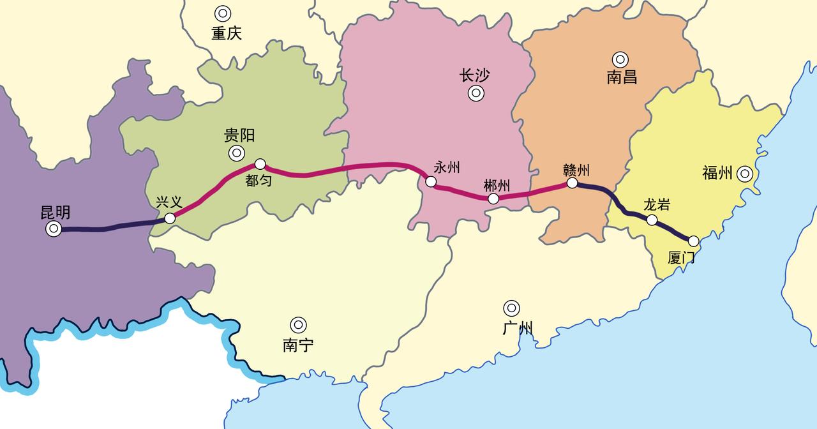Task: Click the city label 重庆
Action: click(227, 33)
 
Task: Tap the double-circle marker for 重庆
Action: click(223, 13)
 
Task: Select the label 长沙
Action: click(474, 75)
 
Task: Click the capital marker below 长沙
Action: click(476, 94)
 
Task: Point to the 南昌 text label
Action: click(622, 78)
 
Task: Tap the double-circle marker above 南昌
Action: click(620, 59)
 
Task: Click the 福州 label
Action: click(717, 172)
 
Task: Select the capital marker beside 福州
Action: click(744, 173)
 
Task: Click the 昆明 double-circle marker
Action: click(54, 229)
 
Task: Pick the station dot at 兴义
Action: click(170, 218)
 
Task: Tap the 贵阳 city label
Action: click(239, 135)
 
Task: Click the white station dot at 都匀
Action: click(260, 164)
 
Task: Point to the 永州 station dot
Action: click(431, 182)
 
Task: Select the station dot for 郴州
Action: click(493, 199)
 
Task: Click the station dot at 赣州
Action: click(573, 183)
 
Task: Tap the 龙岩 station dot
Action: click(652, 220)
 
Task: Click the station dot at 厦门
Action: click(694, 241)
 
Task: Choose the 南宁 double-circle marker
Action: click(298, 325)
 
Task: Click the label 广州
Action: click(518, 329)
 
